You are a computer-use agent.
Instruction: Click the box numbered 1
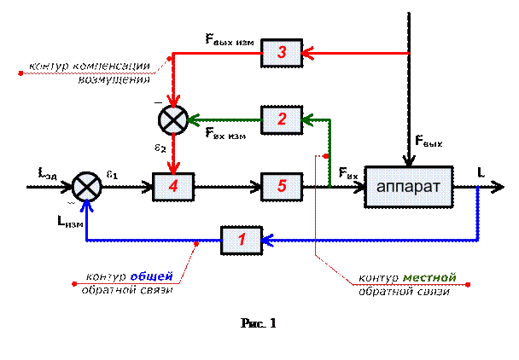[242, 241]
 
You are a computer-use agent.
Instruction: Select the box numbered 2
[282, 120]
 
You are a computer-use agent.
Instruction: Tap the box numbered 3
[282, 53]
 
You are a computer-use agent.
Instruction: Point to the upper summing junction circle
[173, 120]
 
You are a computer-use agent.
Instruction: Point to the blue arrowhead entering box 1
[267, 241]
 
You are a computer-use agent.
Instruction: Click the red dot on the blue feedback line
[196, 241]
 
